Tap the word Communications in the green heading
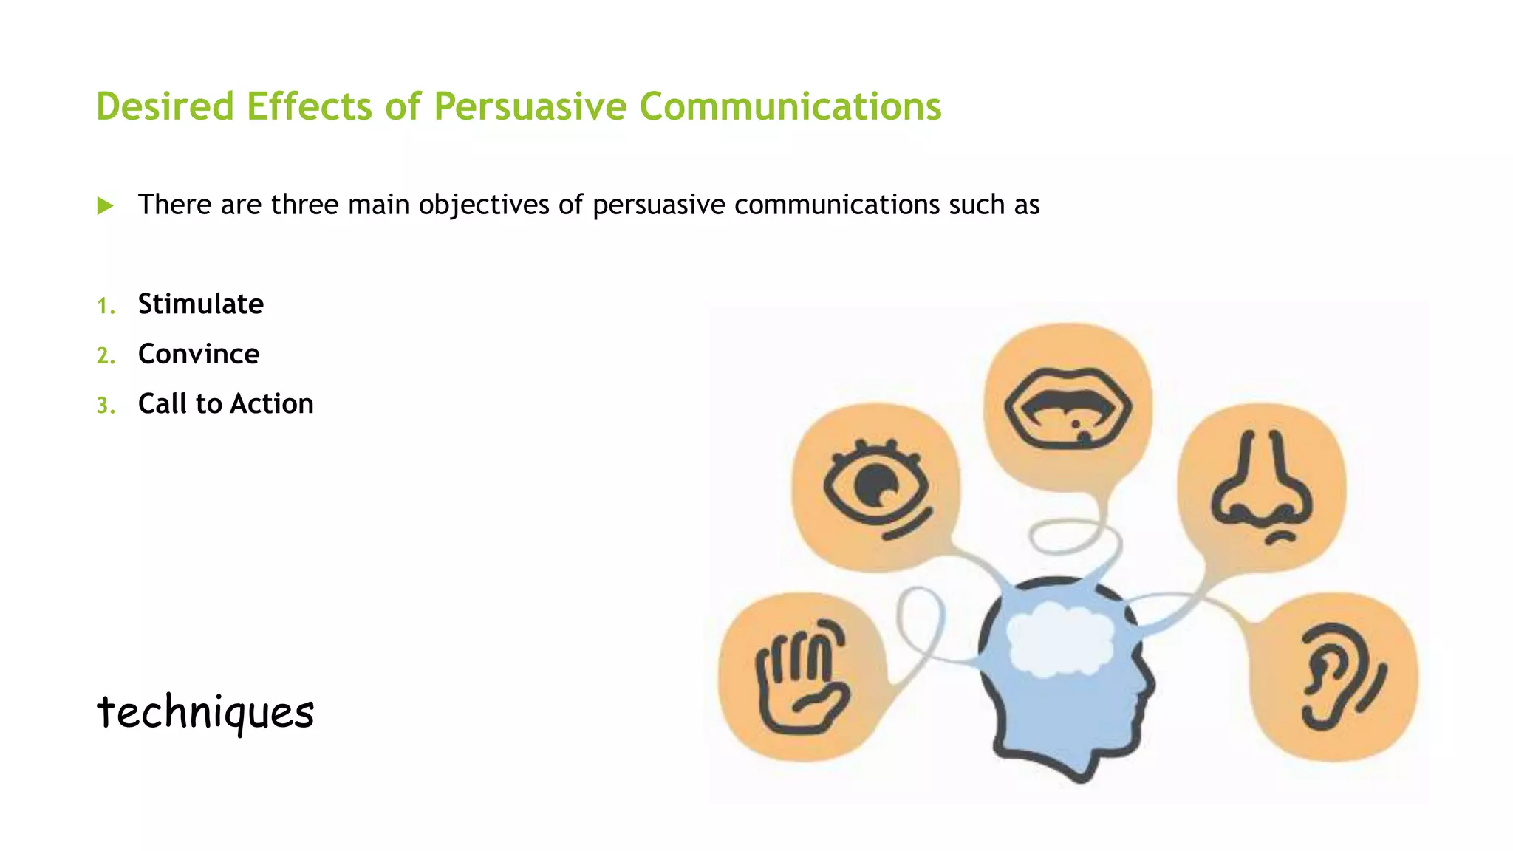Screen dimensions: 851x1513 [790, 106]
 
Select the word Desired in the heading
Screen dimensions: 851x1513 [165, 106]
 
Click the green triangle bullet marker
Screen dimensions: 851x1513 [105, 206]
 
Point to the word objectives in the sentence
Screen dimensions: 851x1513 [483, 205]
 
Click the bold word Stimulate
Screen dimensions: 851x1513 [200, 304]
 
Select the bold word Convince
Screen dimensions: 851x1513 [199, 355]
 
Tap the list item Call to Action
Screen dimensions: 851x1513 [225, 404]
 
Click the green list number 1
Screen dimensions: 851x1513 [106, 306]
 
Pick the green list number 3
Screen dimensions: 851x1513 [106, 406]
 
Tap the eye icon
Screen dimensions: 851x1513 [877, 488]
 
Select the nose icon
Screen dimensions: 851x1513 [1262, 488]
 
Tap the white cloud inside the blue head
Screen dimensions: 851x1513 [1060, 638]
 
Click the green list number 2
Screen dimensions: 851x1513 [106, 356]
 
